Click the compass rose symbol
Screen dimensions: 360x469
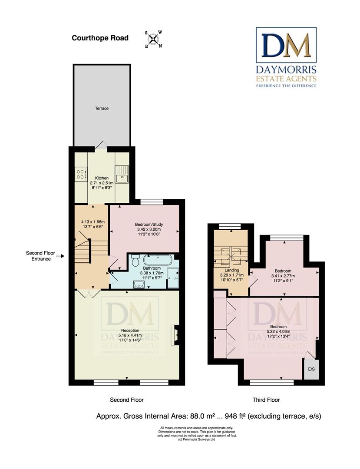click(153, 39)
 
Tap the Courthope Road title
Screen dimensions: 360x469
click(100, 38)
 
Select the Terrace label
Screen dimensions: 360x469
click(102, 108)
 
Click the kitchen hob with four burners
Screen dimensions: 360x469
click(80, 174)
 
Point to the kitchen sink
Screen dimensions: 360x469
click(122, 175)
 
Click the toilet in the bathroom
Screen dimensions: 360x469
click(135, 260)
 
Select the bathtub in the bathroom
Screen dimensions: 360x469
click(158, 260)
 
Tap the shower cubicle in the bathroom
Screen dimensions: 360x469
click(173, 278)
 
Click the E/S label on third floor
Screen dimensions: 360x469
click(311, 369)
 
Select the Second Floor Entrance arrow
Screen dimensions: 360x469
click(60, 256)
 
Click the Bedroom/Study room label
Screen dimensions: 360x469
click(149, 225)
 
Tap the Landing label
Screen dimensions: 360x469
click(232, 270)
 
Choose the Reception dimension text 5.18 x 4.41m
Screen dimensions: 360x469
click(130, 335)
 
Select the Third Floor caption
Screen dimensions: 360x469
click(266, 400)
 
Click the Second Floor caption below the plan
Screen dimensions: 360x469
click(127, 400)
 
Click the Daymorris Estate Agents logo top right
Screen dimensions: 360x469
click(286, 57)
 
